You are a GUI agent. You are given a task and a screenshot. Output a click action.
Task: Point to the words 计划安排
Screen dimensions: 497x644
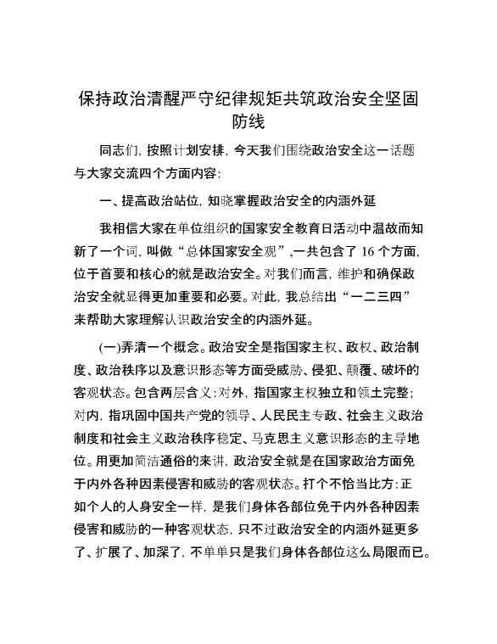(x=198, y=150)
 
